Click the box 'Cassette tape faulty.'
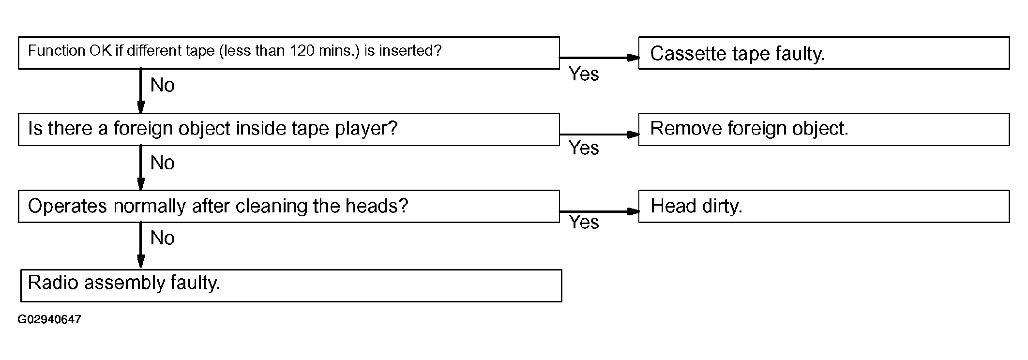(x=824, y=53)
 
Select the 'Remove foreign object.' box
(x=824, y=130)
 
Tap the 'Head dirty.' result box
(x=824, y=207)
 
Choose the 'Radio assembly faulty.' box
(x=291, y=286)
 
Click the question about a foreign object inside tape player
(x=289, y=130)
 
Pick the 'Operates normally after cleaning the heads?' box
(x=289, y=207)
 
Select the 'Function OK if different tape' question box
(x=289, y=53)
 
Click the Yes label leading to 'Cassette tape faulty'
(x=584, y=74)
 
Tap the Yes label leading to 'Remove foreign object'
(x=584, y=148)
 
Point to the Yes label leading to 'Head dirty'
(x=584, y=222)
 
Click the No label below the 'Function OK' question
(x=163, y=85)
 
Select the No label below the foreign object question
(x=163, y=163)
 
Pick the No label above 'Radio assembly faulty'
(x=163, y=238)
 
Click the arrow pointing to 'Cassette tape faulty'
(x=599, y=58)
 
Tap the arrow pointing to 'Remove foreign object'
(x=599, y=135)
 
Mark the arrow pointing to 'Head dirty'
(x=599, y=211)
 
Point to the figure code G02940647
(x=49, y=320)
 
